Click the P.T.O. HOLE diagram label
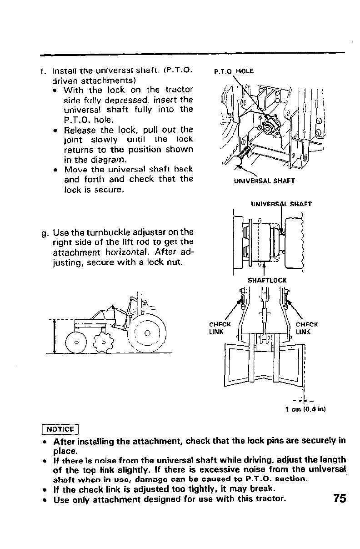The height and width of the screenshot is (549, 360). point(233,71)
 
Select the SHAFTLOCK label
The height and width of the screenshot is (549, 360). point(267,281)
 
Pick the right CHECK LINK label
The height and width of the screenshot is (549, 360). point(306,328)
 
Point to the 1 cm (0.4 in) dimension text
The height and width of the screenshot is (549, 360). point(305,409)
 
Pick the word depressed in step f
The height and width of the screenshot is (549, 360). point(138,100)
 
